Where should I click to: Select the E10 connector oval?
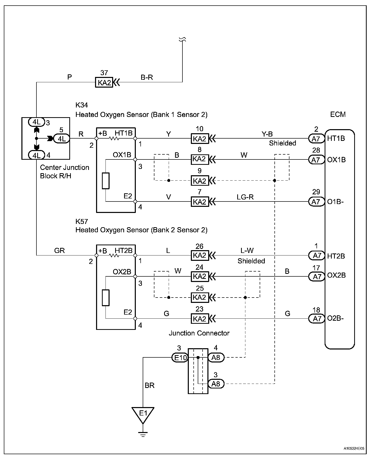180,358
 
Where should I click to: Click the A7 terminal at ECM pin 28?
316,160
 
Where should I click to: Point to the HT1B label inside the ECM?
336,138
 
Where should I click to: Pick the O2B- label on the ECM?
335,318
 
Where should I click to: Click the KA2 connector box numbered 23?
200,319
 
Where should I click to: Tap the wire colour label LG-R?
245,197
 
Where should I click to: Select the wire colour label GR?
60,251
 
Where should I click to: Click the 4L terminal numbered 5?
61,139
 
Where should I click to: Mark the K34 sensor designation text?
82,105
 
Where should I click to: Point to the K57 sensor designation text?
82,221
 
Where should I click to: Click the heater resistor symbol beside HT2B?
114,255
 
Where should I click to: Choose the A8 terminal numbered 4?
216,358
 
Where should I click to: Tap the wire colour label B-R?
147,77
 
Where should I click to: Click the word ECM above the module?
338,114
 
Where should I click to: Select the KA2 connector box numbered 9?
200,181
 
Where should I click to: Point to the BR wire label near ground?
150,385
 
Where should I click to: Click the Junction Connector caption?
199,333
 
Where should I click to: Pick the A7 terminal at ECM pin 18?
316,318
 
